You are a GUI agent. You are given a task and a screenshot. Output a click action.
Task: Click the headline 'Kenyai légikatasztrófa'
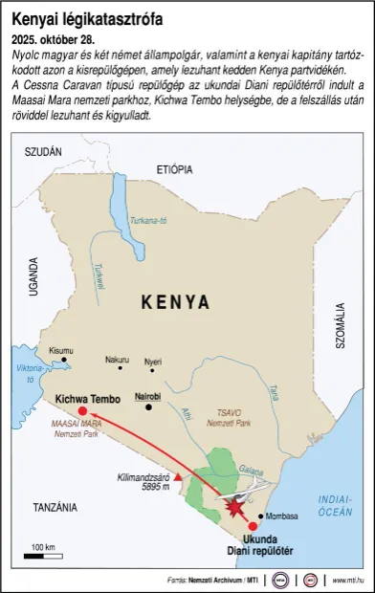click(87, 18)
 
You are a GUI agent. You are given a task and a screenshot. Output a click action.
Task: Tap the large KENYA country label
click(175, 302)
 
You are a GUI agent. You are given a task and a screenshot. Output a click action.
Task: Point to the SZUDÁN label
click(43, 152)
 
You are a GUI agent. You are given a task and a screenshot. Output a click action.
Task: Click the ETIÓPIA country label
click(174, 168)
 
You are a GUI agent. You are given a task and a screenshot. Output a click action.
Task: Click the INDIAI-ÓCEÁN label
click(335, 505)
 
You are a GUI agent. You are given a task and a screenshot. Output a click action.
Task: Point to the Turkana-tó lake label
click(148, 219)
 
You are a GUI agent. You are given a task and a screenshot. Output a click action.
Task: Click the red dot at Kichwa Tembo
click(82, 410)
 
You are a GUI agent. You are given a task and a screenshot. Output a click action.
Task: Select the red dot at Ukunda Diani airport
click(253, 526)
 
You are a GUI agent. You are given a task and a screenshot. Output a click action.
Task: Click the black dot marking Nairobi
click(148, 407)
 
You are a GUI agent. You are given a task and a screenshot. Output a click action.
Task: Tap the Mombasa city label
click(282, 516)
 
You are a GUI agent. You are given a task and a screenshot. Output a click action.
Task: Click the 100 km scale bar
click(43, 555)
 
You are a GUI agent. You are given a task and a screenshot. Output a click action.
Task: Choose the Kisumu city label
click(60, 350)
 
